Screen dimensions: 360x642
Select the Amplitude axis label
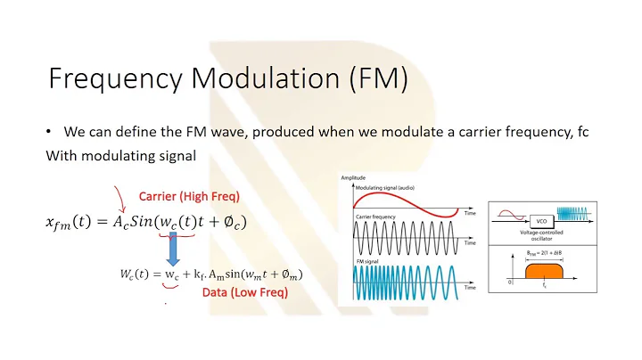(353, 178)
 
